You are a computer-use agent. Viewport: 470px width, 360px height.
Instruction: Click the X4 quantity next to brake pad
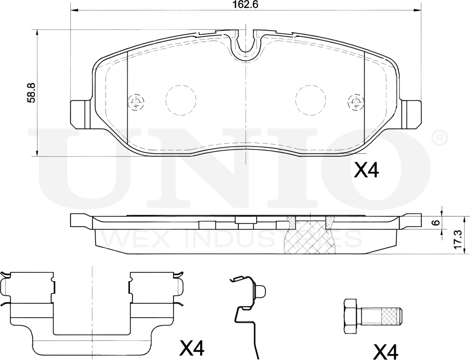366,170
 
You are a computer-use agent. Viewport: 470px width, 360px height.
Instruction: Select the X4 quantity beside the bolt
386,352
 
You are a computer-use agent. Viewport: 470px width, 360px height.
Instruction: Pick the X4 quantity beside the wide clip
192,349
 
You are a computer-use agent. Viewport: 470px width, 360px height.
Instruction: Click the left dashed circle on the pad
180,100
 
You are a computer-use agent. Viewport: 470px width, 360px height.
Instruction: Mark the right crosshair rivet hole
355,101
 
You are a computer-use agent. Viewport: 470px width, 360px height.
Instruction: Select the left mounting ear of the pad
81,113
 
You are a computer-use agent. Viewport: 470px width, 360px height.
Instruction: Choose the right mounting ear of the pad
412,113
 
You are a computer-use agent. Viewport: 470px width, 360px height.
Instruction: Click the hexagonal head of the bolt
351,316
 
